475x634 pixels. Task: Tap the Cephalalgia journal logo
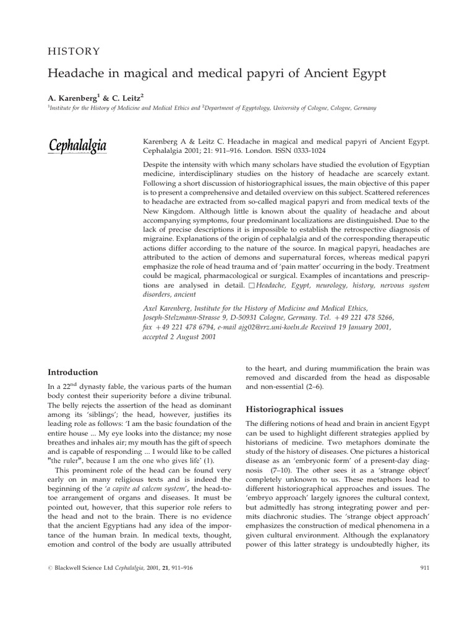coord(78,146)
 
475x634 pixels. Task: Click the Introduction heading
coord(73,372)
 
